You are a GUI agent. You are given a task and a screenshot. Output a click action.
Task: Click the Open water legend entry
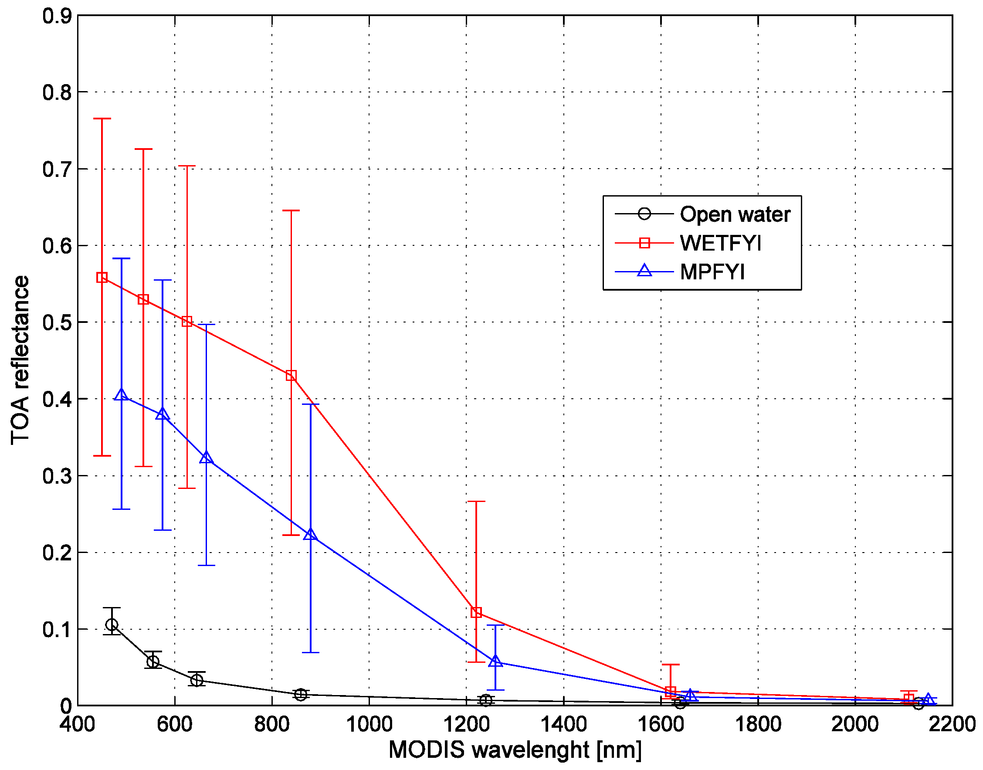point(735,214)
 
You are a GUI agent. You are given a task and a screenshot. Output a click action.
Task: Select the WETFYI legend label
point(720,244)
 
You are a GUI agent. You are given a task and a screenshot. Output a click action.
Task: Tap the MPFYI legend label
point(712,272)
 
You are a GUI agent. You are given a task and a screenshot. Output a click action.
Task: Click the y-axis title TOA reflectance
point(20,360)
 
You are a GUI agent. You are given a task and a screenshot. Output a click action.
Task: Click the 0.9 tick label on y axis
point(57,16)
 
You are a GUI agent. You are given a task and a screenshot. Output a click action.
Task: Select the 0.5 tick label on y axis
point(57,323)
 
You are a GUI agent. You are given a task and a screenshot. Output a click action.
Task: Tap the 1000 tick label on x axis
point(369,725)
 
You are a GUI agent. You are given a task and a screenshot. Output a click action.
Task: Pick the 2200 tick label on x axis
point(952,725)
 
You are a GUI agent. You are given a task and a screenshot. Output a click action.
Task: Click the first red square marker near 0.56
point(102,278)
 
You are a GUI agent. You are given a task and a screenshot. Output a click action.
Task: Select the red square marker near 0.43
point(291,376)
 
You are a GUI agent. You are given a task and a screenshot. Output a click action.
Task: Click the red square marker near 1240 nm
point(476,613)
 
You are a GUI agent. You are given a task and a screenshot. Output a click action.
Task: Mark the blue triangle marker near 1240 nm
point(495,661)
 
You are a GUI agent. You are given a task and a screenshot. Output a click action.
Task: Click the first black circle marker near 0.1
point(112,625)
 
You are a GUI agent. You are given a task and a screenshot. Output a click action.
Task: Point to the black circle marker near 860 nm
point(301,695)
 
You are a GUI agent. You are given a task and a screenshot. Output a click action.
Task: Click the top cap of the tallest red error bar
point(102,119)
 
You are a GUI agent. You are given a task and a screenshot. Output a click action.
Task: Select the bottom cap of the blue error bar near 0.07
point(311,652)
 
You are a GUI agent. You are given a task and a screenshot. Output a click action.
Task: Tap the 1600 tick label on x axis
point(661,725)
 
